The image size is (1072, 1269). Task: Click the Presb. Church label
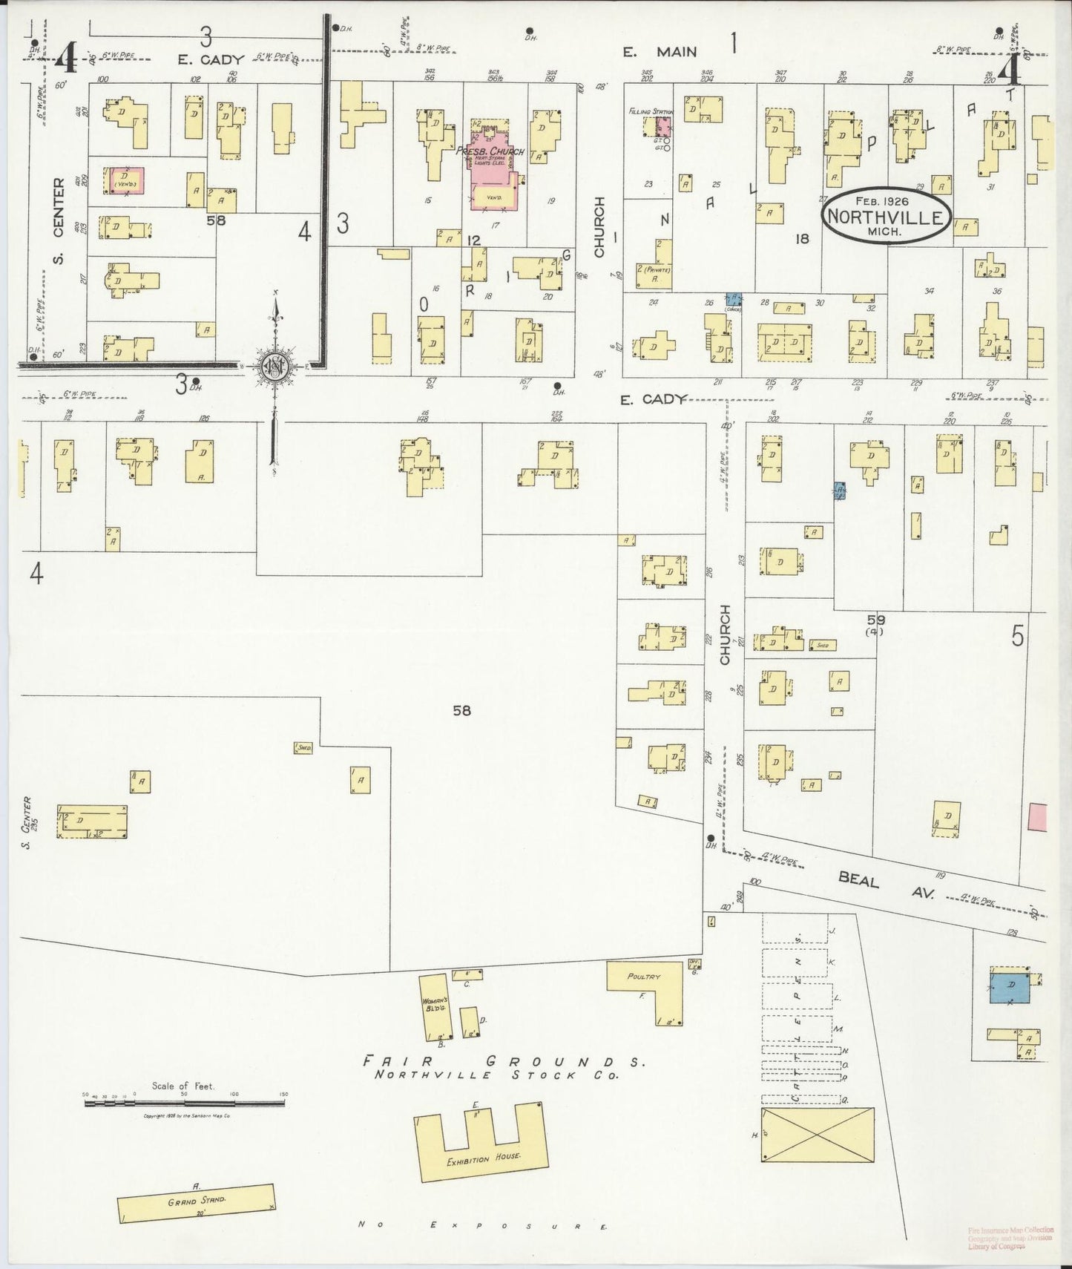(490, 151)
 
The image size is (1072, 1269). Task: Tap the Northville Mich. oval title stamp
(885, 215)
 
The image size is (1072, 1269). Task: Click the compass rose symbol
(275, 367)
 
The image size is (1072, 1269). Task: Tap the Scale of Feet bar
(184, 1104)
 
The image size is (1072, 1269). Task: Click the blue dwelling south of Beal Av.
(1010, 987)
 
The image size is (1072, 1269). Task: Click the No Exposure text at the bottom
(482, 1225)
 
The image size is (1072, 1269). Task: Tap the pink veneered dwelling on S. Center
(126, 180)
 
